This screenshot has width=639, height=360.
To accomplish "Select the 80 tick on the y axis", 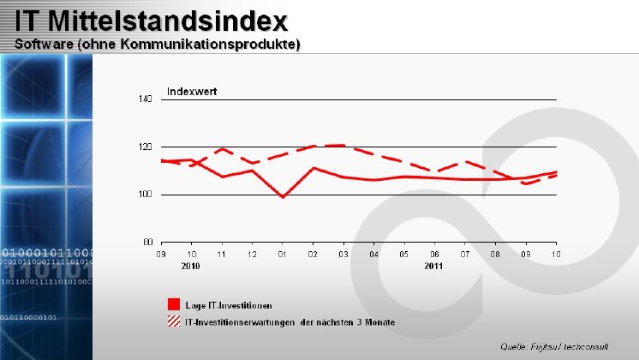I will click(146, 242).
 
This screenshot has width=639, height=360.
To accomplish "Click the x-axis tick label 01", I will click(283, 255).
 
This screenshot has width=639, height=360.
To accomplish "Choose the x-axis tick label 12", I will click(252, 255).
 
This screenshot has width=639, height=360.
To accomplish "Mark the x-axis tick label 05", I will click(403, 255).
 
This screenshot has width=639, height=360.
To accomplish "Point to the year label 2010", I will click(191, 266).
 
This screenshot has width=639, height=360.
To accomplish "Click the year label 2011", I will click(433, 266).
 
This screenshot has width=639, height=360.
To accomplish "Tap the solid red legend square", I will click(174, 304).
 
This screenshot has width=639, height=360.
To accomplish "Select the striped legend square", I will click(174, 321).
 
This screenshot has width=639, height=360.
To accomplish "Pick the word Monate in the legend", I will click(379, 322).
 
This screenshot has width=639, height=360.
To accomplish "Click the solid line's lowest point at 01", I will click(283, 197).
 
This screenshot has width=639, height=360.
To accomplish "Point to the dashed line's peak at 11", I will click(222, 149).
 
